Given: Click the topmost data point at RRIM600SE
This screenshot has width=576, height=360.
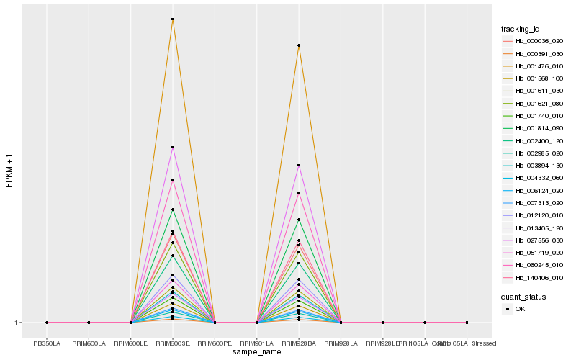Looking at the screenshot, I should (x=173, y=19).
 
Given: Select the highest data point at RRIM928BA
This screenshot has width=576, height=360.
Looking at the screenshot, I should (x=299, y=46).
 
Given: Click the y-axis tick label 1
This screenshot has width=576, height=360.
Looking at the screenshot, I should (x=16, y=323).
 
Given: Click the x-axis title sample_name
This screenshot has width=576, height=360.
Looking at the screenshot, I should (x=256, y=352).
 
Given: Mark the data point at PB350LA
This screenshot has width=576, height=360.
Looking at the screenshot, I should (x=47, y=323).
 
